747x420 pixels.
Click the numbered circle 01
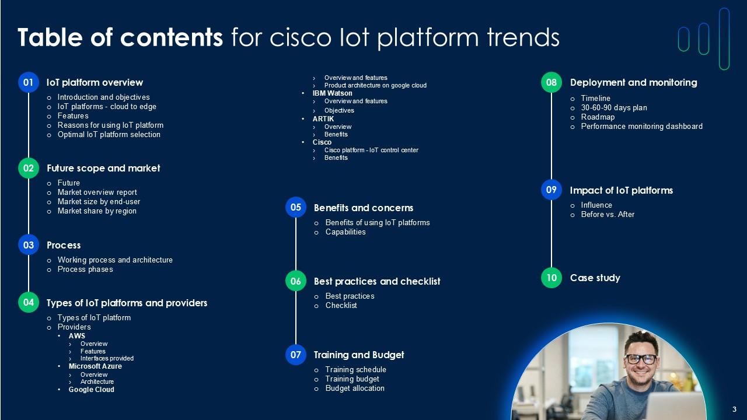click(x=28, y=83)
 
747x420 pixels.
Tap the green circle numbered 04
click(x=28, y=302)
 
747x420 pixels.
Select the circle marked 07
click(x=296, y=355)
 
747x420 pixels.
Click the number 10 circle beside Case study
click(x=551, y=278)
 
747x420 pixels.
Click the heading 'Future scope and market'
click(x=103, y=168)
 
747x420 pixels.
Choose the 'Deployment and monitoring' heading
click(x=633, y=82)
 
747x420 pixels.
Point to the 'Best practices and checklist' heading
click(x=377, y=281)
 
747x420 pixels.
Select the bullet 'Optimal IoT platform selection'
click(x=109, y=135)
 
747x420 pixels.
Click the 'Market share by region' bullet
click(x=97, y=211)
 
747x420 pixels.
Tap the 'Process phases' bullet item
click(x=85, y=269)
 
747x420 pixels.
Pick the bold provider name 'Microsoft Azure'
click(x=95, y=366)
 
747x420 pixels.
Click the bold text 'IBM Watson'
click(x=333, y=93)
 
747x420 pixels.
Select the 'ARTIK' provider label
click(x=323, y=119)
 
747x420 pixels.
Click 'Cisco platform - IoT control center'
click(x=371, y=150)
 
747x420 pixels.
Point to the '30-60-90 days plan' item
click(x=614, y=108)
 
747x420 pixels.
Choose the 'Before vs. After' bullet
click(x=608, y=215)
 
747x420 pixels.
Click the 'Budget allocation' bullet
click(x=355, y=388)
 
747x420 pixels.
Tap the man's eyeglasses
click(x=641, y=359)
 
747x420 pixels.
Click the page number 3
click(x=735, y=409)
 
